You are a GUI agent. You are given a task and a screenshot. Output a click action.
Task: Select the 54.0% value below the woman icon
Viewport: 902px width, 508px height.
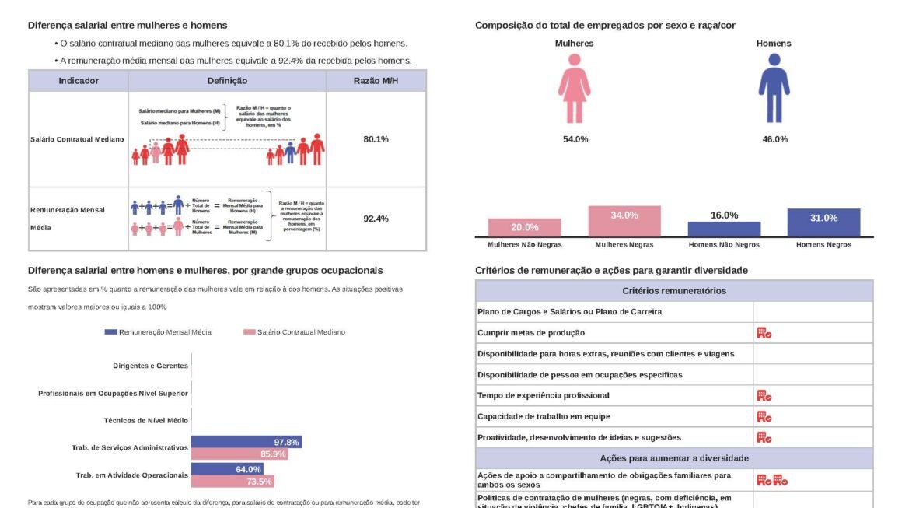(x=575, y=139)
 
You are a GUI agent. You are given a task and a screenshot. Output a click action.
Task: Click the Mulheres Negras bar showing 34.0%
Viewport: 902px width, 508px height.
(x=624, y=221)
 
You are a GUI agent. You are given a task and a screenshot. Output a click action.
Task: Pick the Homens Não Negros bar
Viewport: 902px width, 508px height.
(x=724, y=229)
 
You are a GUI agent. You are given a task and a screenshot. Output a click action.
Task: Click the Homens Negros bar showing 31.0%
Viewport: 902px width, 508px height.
(x=823, y=222)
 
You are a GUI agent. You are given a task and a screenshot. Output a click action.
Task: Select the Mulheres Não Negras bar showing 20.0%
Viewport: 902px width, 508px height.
(x=525, y=227)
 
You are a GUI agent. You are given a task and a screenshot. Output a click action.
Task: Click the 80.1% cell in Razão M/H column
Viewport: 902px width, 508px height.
(x=376, y=138)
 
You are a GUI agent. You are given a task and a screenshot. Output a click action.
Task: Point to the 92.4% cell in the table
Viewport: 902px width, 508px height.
(x=376, y=219)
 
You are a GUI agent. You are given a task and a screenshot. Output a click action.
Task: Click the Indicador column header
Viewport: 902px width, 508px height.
(x=79, y=81)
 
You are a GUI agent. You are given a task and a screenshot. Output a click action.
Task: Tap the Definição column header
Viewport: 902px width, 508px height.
(x=227, y=81)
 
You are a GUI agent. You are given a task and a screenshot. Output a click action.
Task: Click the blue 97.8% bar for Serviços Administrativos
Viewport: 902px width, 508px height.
(x=246, y=442)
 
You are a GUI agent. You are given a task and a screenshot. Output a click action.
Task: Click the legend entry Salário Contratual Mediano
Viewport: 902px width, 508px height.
(x=295, y=332)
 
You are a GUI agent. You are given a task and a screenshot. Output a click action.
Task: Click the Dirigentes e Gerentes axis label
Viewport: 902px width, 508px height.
(x=150, y=366)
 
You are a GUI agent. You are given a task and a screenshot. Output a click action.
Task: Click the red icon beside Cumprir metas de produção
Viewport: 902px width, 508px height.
(x=764, y=333)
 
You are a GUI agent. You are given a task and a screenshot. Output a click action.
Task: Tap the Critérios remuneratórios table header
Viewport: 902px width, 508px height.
(x=674, y=291)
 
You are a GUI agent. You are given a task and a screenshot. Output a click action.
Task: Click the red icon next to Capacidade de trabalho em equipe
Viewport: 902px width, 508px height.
(x=764, y=417)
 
